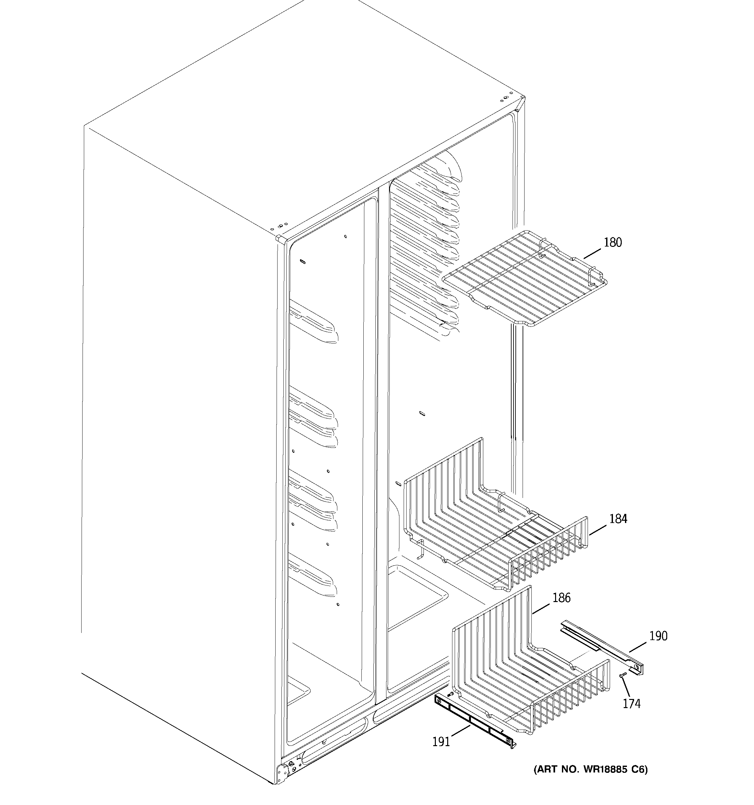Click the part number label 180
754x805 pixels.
(x=613, y=243)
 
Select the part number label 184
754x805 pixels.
(x=618, y=519)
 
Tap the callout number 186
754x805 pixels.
(x=561, y=598)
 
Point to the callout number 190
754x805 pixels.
(x=658, y=636)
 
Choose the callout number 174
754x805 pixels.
(x=631, y=704)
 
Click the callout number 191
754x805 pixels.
(x=441, y=742)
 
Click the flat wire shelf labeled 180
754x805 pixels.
(x=526, y=279)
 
